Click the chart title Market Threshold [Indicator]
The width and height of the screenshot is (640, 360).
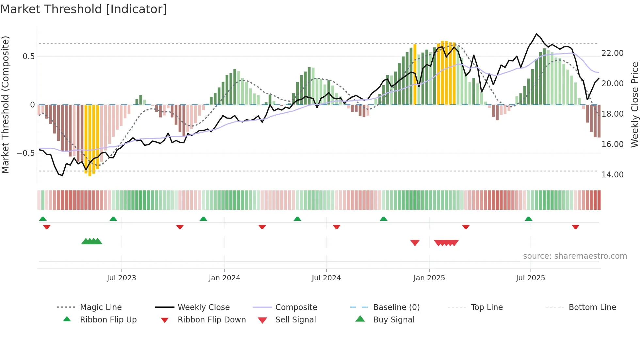(x=84, y=9)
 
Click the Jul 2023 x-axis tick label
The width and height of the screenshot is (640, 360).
(x=121, y=278)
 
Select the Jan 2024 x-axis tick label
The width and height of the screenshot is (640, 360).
(x=224, y=278)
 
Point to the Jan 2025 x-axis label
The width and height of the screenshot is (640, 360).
(x=429, y=278)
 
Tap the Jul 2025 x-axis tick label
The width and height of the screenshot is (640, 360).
(x=530, y=278)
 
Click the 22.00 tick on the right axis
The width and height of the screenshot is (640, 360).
(x=612, y=53)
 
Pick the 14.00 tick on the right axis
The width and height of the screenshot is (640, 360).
(x=612, y=175)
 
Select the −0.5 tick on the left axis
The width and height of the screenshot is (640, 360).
(x=26, y=153)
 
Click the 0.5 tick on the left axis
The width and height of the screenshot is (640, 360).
(x=28, y=57)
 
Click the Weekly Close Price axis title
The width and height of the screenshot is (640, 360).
(x=634, y=105)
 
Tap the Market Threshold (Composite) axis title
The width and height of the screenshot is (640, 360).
(x=5, y=105)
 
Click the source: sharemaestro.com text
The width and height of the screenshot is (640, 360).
(x=575, y=256)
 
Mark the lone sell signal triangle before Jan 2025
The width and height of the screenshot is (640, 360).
(x=415, y=243)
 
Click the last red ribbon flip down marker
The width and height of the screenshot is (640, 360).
(x=575, y=227)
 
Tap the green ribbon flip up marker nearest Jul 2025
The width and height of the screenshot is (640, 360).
(x=528, y=219)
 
